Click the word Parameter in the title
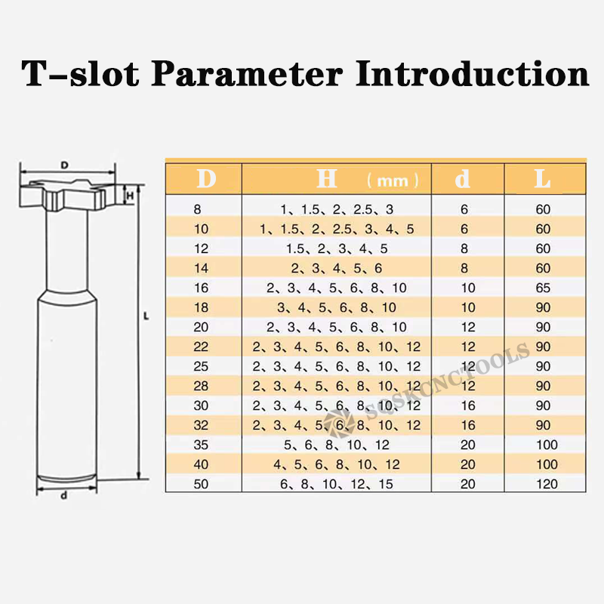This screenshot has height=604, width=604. pyautogui.click(x=247, y=73)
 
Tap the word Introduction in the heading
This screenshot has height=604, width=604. pyautogui.click(x=473, y=73)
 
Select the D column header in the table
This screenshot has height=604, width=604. pyautogui.click(x=206, y=179)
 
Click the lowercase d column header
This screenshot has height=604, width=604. pyautogui.click(x=463, y=179)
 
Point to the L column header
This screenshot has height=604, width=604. pyautogui.click(x=542, y=179)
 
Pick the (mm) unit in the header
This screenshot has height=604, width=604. pyautogui.click(x=393, y=180)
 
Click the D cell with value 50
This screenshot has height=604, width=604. pyautogui.click(x=201, y=484)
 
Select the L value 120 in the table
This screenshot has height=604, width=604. pyautogui.click(x=547, y=484)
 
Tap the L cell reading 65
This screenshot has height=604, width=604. pyautogui.click(x=543, y=288)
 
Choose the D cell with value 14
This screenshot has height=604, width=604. pyautogui.click(x=201, y=268)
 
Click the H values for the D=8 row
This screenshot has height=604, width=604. pyautogui.click(x=337, y=210)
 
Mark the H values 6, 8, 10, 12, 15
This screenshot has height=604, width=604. pyautogui.click(x=336, y=484)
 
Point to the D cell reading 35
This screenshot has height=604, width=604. pyautogui.click(x=201, y=445)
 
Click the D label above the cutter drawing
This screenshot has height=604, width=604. pyautogui.click(x=64, y=165)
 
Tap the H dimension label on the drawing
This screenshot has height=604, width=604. pyautogui.click(x=130, y=196)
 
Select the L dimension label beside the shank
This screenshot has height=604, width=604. pyautogui.click(x=146, y=316)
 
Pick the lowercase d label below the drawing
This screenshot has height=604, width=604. pyautogui.click(x=64, y=495)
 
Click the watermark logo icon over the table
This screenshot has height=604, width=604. pyautogui.click(x=338, y=424)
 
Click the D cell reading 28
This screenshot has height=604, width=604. pyautogui.click(x=201, y=386)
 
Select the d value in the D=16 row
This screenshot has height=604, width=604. pyautogui.click(x=468, y=288)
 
